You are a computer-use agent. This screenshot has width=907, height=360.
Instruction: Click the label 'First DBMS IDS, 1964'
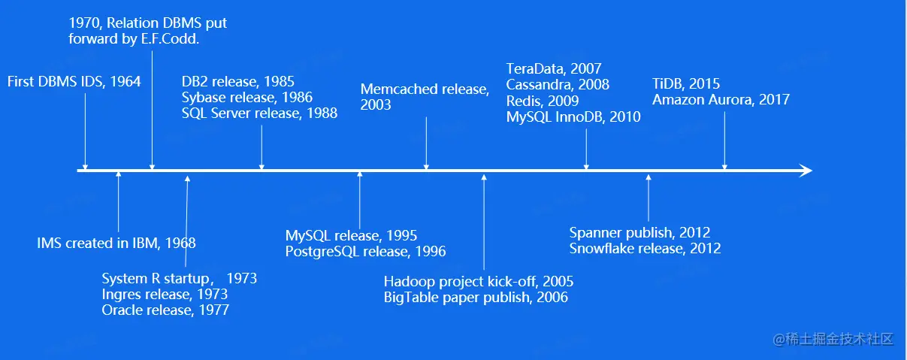point(74,81)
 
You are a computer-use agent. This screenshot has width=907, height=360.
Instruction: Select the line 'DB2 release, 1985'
point(237,81)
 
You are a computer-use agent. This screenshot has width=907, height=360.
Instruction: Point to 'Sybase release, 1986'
point(247,97)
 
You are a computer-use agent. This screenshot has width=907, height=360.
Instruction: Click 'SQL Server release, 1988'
point(259,113)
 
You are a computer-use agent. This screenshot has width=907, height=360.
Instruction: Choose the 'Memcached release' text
point(425,89)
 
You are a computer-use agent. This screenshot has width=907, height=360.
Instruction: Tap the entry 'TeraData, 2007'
point(554,68)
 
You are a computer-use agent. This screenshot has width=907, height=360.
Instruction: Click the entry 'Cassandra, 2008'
point(558,84)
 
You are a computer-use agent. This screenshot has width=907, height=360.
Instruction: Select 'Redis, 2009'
point(543,101)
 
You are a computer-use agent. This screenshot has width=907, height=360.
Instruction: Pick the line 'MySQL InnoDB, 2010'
point(573,116)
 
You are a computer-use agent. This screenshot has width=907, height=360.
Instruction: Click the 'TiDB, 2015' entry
point(686,83)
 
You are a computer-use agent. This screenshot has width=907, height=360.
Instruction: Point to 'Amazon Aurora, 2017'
point(721,100)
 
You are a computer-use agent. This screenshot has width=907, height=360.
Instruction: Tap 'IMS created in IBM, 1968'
point(116,243)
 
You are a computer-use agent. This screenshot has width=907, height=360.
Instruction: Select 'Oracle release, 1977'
point(165,310)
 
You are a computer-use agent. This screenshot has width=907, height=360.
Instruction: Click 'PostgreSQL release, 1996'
point(365,252)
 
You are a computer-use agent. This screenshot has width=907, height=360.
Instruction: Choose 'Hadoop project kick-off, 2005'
point(479,281)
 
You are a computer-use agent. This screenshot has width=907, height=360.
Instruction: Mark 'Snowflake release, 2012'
point(645,248)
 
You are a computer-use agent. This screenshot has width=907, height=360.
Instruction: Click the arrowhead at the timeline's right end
point(806,171)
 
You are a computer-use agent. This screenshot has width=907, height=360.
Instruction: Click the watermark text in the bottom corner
point(833,339)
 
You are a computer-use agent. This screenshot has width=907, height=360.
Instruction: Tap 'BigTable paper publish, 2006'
point(476,297)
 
